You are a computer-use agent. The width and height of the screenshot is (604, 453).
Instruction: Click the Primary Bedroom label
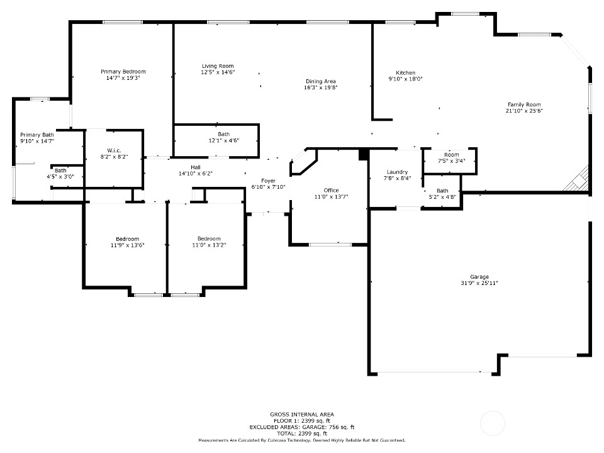click(x=123, y=72)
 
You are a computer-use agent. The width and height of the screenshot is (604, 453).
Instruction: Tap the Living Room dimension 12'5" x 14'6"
click(x=218, y=72)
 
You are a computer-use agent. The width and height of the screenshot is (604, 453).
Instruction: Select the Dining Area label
click(x=321, y=81)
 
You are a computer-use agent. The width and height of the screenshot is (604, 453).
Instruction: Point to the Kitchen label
click(x=406, y=73)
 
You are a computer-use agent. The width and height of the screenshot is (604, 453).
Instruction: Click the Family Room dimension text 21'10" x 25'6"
click(x=524, y=111)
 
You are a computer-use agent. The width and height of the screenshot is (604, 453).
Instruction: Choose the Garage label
click(x=479, y=277)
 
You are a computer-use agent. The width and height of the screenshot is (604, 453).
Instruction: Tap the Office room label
click(x=332, y=190)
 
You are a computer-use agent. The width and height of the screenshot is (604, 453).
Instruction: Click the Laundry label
click(x=397, y=172)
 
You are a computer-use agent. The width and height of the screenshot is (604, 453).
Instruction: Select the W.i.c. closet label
click(x=114, y=150)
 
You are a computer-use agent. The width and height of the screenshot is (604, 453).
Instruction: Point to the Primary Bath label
click(x=37, y=135)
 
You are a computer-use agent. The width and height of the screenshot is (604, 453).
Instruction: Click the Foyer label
click(x=269, y=181)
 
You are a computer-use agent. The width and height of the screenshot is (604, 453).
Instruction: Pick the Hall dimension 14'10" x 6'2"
click(x=196, y=174)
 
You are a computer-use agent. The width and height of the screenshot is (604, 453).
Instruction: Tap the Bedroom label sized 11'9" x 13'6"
click(x=128, y=239)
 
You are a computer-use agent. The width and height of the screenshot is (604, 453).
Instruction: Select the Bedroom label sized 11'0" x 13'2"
click(x=209, y=239)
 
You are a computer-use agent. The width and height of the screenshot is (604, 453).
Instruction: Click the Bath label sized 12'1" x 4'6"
click(x=224, y=134)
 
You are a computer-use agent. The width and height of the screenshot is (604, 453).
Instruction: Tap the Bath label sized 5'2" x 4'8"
click(x=442, y=191)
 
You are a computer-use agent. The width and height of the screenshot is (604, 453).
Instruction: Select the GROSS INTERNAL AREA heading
click(x=302, y=415)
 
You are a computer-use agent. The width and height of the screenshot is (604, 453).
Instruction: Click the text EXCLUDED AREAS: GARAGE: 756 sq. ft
click(x=302, y=427)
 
